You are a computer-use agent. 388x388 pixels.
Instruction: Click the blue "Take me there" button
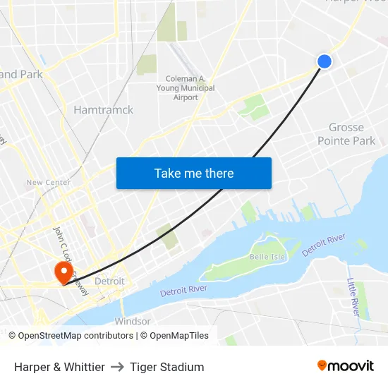(194, 173)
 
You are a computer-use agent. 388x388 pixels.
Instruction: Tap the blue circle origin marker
(325, 61)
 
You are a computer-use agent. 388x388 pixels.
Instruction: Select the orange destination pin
(63, 272)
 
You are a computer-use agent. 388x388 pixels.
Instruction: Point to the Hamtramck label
(103, 110)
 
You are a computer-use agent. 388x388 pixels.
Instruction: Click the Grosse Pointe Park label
(346, 134)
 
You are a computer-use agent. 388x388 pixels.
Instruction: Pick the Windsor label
(133, 321)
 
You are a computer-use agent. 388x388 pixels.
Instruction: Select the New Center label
(48, 183)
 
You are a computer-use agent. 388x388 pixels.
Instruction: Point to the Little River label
(352, 296)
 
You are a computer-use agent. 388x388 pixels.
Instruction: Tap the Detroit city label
(109, 281)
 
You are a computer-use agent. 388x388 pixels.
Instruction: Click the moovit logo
(345, 366)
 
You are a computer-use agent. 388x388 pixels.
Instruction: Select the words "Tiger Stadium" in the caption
(167, 367)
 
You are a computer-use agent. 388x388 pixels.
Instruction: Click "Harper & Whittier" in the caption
(59, 367)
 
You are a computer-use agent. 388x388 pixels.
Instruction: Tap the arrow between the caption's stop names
(117, 367)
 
